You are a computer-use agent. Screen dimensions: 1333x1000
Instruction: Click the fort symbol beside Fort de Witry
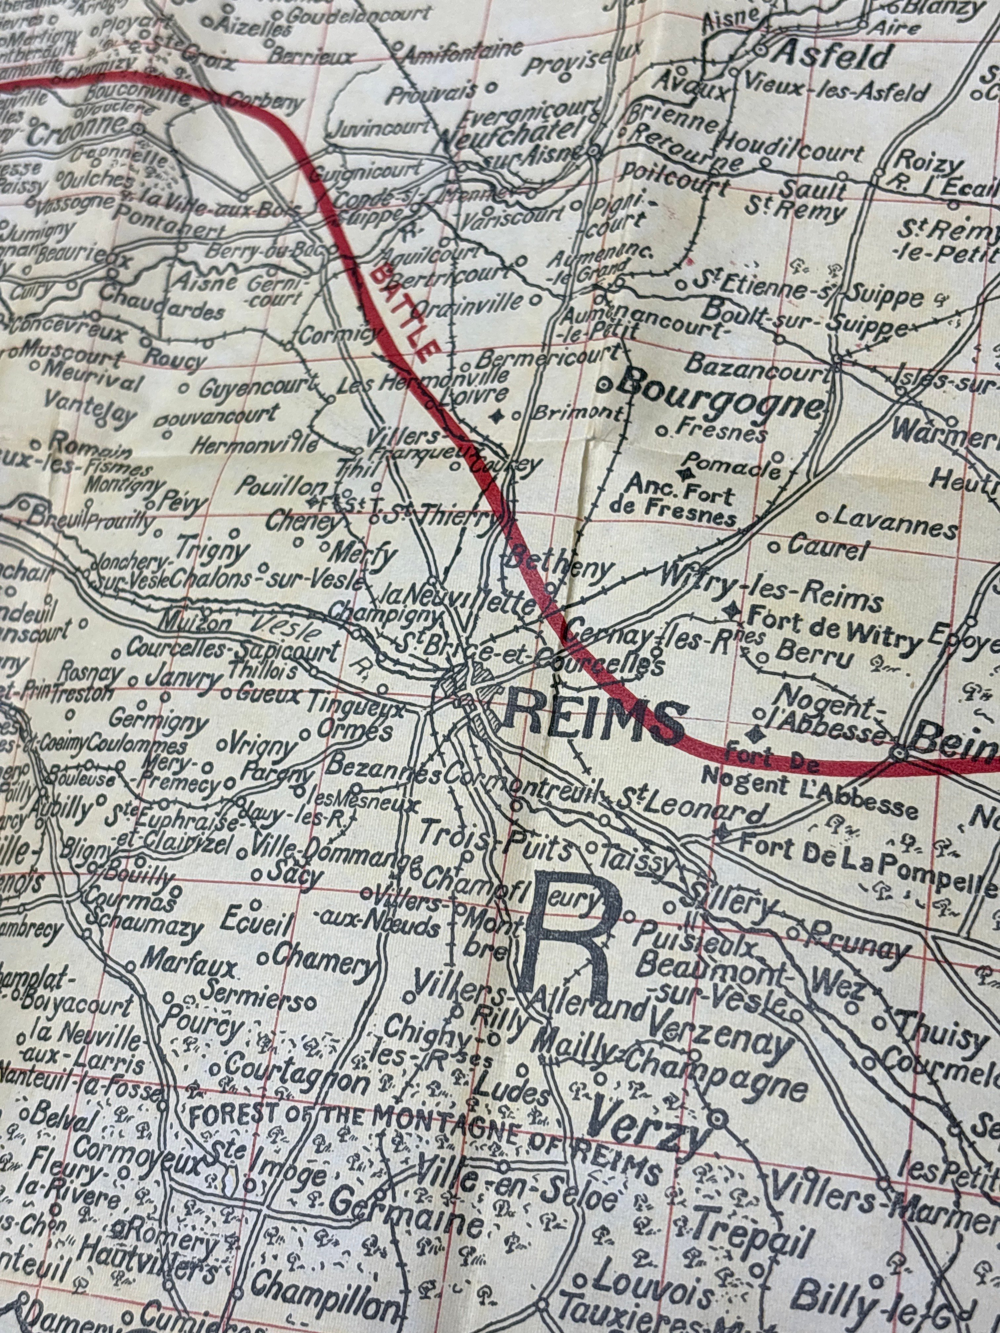(733, 610)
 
